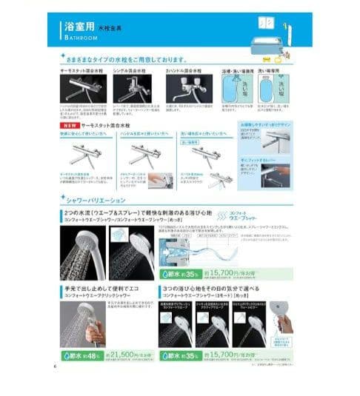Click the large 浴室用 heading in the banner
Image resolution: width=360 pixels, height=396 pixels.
tap(77, 26)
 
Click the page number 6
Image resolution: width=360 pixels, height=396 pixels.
tap(54, 363)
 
